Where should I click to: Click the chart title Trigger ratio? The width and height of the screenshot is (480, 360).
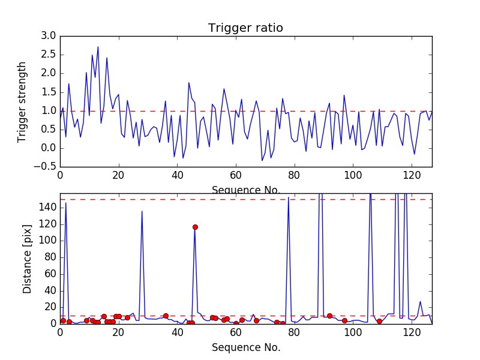(x=245, y=28)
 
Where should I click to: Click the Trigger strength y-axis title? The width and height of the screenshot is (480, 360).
(x=22, y=101)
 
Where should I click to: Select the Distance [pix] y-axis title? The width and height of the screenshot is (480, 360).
(x=27, y=259)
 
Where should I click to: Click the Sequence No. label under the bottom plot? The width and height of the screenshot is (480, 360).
(x=245, y=347)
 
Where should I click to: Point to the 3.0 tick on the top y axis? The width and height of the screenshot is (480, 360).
(x=49, y=36)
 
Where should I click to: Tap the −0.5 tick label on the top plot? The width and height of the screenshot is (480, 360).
(x=46, y=167)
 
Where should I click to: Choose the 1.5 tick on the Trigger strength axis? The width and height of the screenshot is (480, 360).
(x=49, y=92)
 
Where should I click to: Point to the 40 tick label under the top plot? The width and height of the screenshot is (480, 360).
(x=177, y=175)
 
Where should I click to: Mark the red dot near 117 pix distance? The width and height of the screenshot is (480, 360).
(x=195, y=227)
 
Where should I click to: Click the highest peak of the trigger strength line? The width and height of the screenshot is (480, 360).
(x=98, y=47)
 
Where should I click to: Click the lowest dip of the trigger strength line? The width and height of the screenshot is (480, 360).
(x=262, y=160)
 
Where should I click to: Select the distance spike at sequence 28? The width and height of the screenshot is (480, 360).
(x=142, y=211)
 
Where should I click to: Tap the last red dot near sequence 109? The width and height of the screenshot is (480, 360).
(x=379, y=321)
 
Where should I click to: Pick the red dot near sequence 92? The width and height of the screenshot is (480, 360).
(x=329, y=316)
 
